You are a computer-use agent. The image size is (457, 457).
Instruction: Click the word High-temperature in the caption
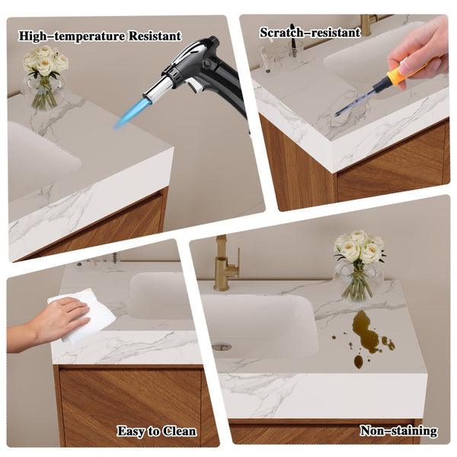coord(72,37)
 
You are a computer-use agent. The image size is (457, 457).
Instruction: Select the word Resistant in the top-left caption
coord(155,36)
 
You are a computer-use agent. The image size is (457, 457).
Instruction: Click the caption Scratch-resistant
coord(310,33)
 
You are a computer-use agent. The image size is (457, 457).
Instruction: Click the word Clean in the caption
coord(179,432)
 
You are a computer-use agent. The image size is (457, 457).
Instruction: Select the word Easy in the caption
coord(131,432)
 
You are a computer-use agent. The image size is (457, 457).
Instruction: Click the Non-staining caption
coord(398,430)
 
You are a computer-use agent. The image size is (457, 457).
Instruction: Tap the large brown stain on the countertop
coord(365,331)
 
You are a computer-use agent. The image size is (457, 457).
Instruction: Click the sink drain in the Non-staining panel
coord(222,347)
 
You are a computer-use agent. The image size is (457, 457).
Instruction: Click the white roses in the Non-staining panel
coord(360,247)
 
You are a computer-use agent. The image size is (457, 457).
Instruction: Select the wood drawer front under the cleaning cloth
coord(130,406)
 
